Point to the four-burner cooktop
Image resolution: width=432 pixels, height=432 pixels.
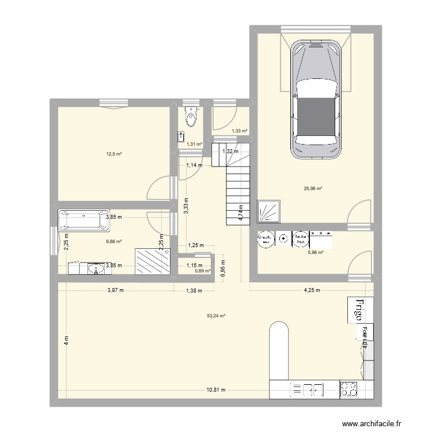click(x=349, y=390)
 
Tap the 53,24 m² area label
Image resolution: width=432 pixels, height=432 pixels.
click(x=216, y=315)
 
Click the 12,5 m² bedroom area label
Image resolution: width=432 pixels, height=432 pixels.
click(x=113, y=154)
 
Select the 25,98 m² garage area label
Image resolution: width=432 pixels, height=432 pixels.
click(x=313, y=188)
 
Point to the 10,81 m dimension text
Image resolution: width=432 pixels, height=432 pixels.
click(x=216, y=390)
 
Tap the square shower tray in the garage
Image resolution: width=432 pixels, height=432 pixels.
click(x=270, y=211)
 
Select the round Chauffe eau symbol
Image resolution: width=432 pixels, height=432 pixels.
click(x=264, y=239)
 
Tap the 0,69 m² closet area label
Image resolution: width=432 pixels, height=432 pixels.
click(x=202, y=271)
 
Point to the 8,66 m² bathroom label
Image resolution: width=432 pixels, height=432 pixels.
click(x=113, y=242)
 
